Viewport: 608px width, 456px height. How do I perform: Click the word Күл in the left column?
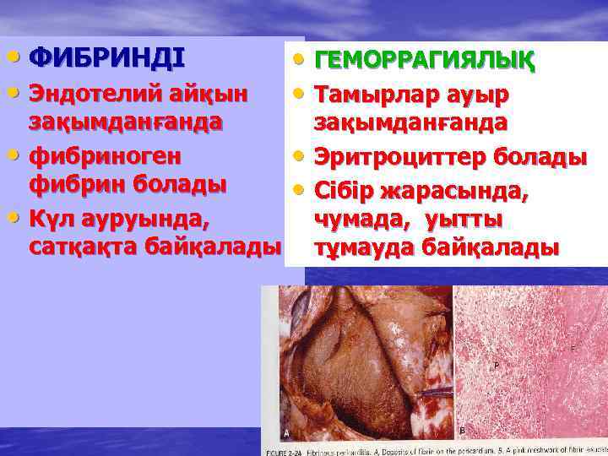point(49,218)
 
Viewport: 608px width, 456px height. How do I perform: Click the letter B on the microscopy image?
point(461,431)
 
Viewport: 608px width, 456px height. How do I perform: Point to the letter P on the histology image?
point(496,365)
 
